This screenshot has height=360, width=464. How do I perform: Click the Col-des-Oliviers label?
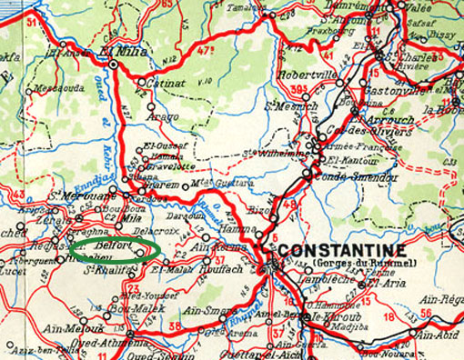[349, 128]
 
